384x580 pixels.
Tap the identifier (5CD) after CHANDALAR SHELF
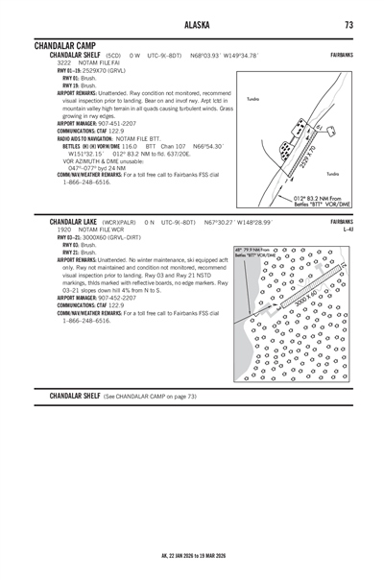pos(113,56)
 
